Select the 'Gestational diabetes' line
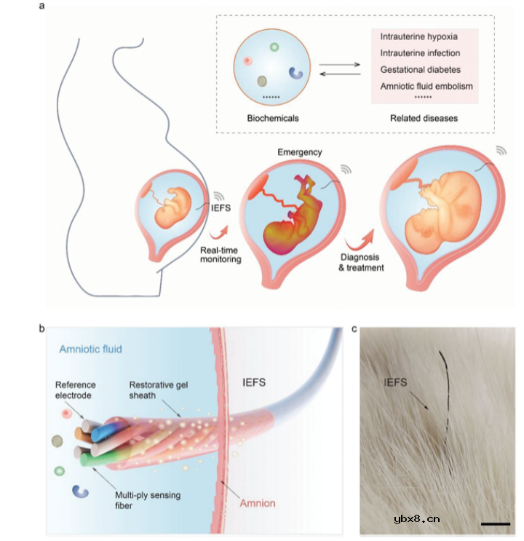tap(419, 69)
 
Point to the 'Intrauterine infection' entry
tap(420, 52)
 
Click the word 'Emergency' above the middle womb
tap(300, 152)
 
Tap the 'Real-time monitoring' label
tap(222, 254)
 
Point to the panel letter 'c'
tap(354, 328)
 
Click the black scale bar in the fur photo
tap(495, 522)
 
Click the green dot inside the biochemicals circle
tap(274, 47)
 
